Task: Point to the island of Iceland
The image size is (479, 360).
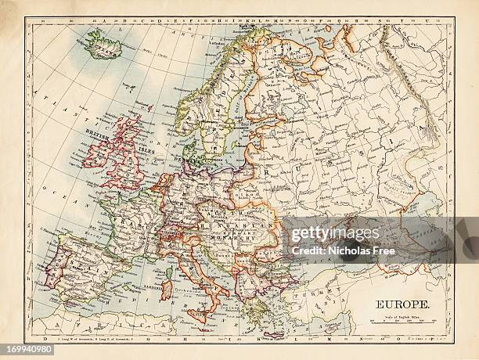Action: coord(102,45)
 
